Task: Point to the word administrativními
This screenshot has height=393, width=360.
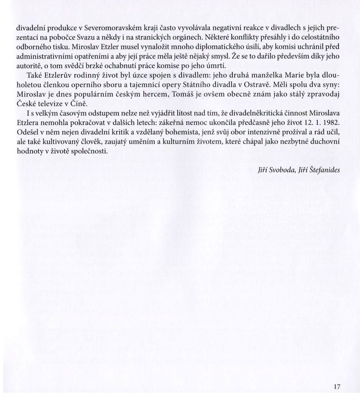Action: [47, 56]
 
